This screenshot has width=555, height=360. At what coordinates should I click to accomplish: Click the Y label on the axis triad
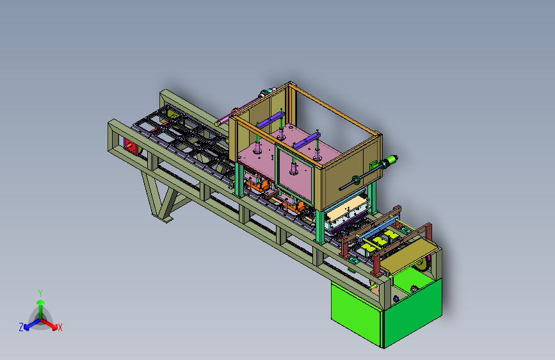coord(40,293)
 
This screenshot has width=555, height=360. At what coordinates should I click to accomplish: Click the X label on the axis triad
coord(60,327)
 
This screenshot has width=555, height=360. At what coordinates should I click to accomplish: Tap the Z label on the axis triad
coord(21,327)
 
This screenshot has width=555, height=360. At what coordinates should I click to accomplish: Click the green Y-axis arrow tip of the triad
coord(41,302)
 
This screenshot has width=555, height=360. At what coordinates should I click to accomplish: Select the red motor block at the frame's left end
coord(130,145)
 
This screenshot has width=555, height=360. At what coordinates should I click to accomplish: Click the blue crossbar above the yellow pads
coord(379,229)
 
